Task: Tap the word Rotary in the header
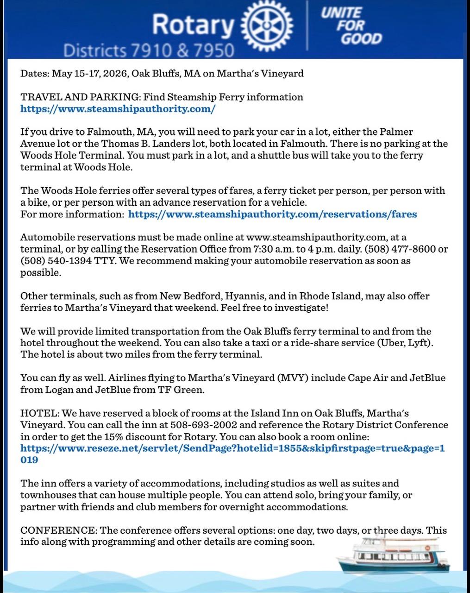(x=193, y=25)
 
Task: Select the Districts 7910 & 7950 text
(x=148, y=50)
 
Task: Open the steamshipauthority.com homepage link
(x=118, y=109)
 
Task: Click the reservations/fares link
(x=272, y=214)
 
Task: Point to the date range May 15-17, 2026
(x=91, y=73)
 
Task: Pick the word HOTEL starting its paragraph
(x=39, y=413)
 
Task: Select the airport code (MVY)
(x=292, y=378)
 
